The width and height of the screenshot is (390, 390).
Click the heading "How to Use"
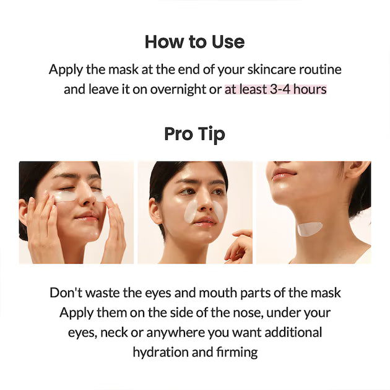click(x=194, y=42)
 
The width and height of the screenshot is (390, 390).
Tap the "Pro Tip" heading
click(x=194, y=134)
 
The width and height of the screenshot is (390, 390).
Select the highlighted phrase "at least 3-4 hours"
click(x=275, y=89)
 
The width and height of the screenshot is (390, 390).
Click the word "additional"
click(x=291, y=332)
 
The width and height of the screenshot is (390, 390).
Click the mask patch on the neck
click(x=310, y=228)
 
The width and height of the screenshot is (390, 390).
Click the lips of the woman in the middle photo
click(x=206, y=220)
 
